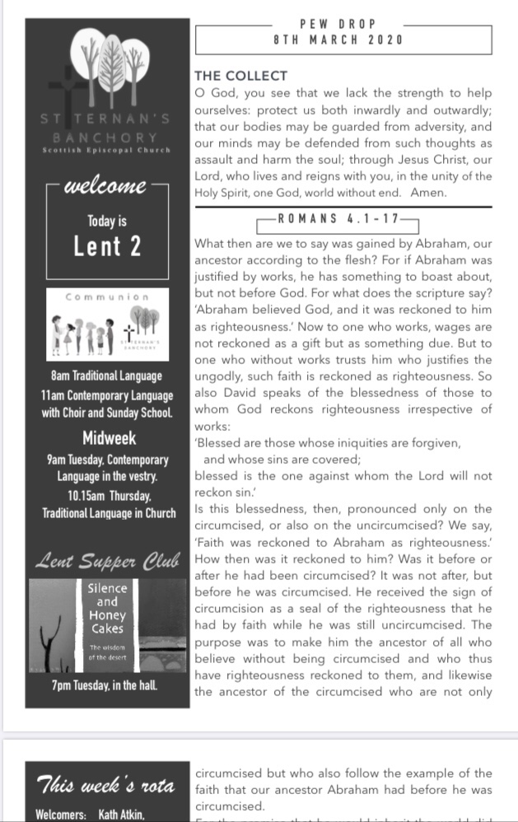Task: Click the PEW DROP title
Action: pyautogui.click(x=338, y=25)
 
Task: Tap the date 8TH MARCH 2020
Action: pyautogui.click(x=338, y=40)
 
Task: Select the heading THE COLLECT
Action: pyautogui.click(x=240, y=77)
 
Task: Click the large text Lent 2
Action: pyautogui.click(x=107, y=246)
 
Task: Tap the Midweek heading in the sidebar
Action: pyautogui.click(x=110, y=437)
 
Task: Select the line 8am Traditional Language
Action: pyautogui.click(x=107, y=376)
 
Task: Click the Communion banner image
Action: pyautogui.click(x=107, y=325)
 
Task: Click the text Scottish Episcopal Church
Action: pyautogui.click(x=107, y=150)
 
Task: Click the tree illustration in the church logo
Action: pyautogui.click(x=110, y=62)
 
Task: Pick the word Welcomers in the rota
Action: pyautogui.click(x=61, y=814)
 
